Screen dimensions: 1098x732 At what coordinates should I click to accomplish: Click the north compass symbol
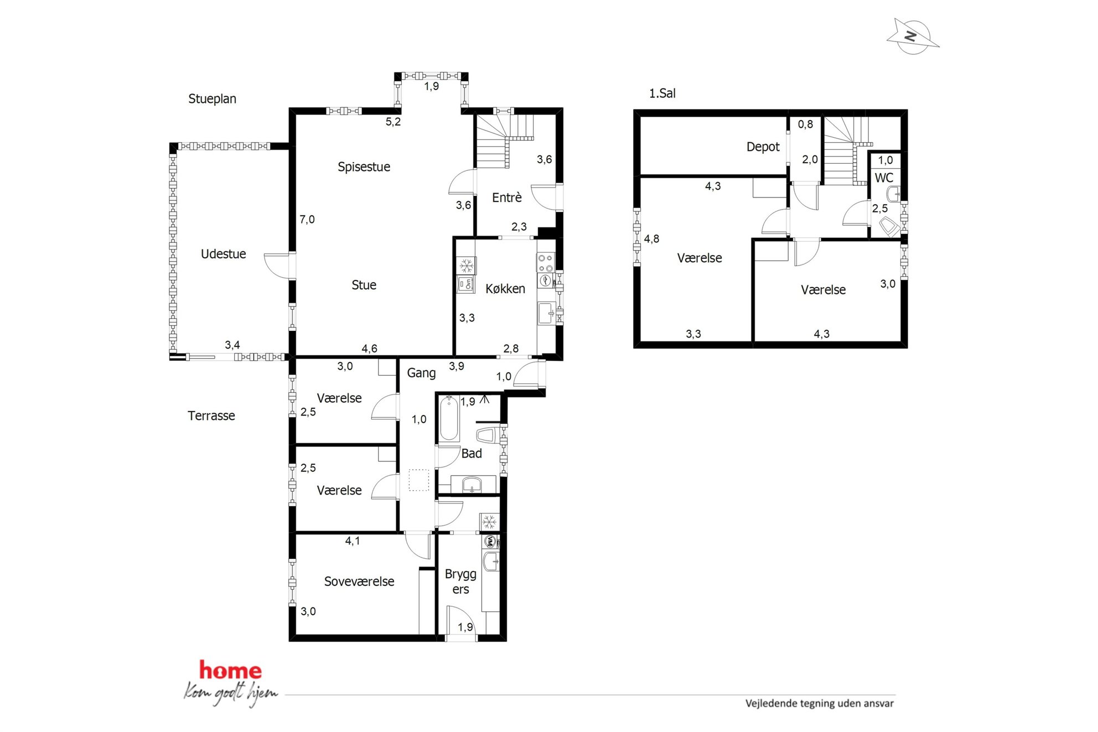pyautogui.click(x=913, y=37)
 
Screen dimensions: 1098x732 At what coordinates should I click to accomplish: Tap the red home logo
pyautogui.click(x=230, y=670)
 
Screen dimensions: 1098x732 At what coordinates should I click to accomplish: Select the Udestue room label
pyautogui.click(x=223, y=254)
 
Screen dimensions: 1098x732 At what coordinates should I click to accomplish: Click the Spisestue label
pyautogui.click(x=364, y=167)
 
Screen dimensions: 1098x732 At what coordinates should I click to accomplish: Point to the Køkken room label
pyautogui.click(x=505, y=289)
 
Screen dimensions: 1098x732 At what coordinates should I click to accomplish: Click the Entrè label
pyautogui.click(x=506, y=198)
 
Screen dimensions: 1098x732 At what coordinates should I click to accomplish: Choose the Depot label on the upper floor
pyautogui.click(x=763, y=147)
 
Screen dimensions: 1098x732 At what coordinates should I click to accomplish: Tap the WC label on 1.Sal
pyautogui.click(x=884, y=178)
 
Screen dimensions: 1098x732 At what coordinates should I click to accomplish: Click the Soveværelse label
pyautogui.click(x=359, y=582)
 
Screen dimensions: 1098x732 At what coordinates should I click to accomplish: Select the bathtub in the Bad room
pyautogui.click(x=448, y=418)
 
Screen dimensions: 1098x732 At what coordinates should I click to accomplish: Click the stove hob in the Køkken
pyautogui.click(x=545, y=263)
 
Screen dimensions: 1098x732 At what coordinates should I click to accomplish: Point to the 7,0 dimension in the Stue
pyautogui.click(x=307, y=220)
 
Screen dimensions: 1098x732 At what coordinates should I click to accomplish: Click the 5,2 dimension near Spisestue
pyautogui.click(x=393, y=122)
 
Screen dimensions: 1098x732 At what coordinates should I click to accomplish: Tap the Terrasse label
pyautogui.click(x=211, y=416)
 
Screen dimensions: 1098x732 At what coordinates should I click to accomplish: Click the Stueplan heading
pyautogui.click(x=212, y=99)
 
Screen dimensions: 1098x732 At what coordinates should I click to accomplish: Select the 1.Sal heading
pyautogui.click(x=662, y=94)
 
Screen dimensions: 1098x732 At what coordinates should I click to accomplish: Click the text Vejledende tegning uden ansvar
pyautogui.click(x=819, y=703)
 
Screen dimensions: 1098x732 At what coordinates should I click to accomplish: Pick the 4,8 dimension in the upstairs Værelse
pyautogui.click(x=651, y=239)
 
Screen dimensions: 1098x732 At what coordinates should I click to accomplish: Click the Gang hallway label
pyautogui.click(x=421, y=373)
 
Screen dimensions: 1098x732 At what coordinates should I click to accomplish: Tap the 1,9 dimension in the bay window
pyautogui.click(x=431, y=86)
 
